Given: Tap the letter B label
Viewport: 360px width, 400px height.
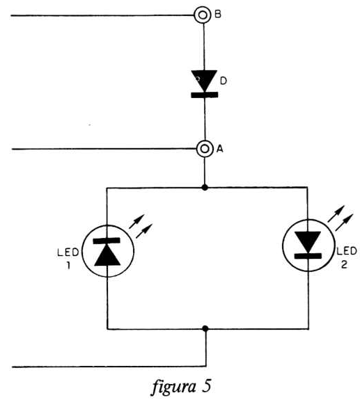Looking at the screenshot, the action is tap(218, 15).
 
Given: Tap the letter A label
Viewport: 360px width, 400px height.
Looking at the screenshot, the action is tap(219, 149).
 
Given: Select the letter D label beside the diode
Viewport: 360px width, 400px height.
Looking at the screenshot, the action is tap(223, 81).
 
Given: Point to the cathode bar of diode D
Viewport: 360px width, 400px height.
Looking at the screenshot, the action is tap(205, 95).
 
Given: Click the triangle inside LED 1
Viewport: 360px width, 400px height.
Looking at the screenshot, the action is tap(107, 257).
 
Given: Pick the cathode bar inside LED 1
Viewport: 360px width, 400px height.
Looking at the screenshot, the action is tap(107, 241).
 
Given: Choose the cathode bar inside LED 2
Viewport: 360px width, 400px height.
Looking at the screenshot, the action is tap(308, 256).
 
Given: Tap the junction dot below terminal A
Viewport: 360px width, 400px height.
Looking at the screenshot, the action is tap(205, 188).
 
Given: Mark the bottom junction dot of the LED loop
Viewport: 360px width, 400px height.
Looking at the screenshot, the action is tap(205, 328).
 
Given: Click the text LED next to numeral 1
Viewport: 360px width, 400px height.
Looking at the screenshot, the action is tap(68, 253).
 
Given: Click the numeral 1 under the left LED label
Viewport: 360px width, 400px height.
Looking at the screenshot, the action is tap(68, 266).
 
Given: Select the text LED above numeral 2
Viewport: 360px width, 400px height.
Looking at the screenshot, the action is tap(347, 251).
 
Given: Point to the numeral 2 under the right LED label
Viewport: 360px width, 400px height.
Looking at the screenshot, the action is tap(344, 264).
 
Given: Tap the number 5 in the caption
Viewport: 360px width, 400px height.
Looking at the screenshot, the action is tap(207, 386).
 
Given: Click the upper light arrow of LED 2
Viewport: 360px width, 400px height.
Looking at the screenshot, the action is tap(336, 214).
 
